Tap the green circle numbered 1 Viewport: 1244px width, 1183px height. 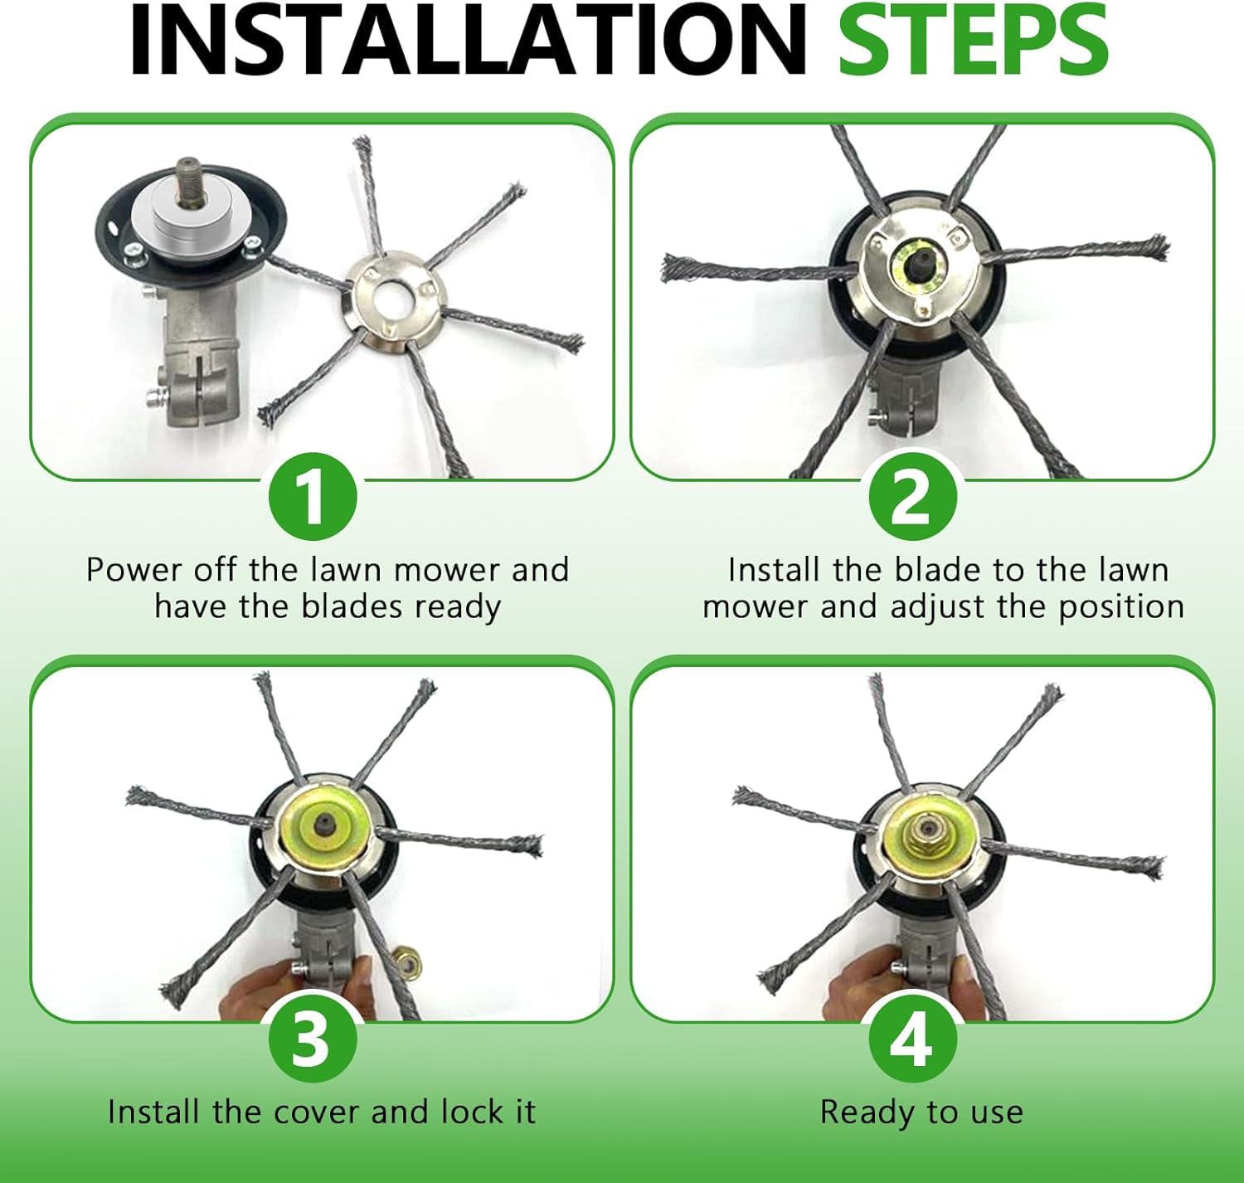click(313, 497)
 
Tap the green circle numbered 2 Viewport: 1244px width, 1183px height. click(913, 497)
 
